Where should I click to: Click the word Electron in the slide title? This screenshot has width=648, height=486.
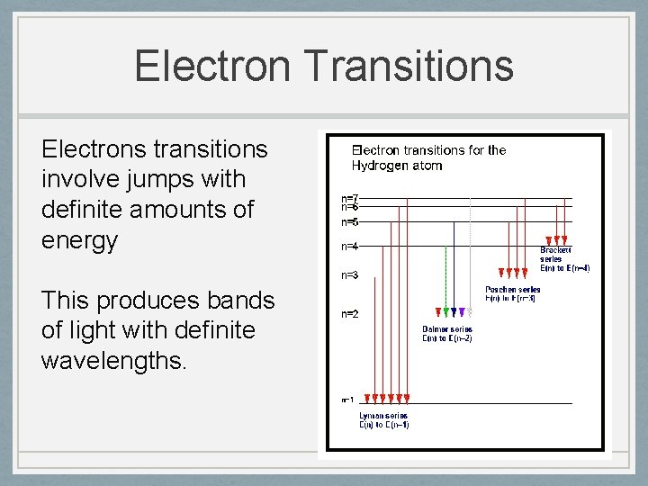(211, 67)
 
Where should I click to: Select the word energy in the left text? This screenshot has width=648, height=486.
(79, 240)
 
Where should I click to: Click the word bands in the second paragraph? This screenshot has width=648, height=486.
(244, 300)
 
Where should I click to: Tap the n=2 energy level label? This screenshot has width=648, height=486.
(350, 314)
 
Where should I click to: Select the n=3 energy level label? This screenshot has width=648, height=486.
(350, 275)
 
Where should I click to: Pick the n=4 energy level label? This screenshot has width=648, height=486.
(350, 246)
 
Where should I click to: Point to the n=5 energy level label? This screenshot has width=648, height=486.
(350, 221)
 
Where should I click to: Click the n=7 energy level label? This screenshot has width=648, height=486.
(350, 197)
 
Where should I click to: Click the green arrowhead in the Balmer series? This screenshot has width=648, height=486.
(438, 312)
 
